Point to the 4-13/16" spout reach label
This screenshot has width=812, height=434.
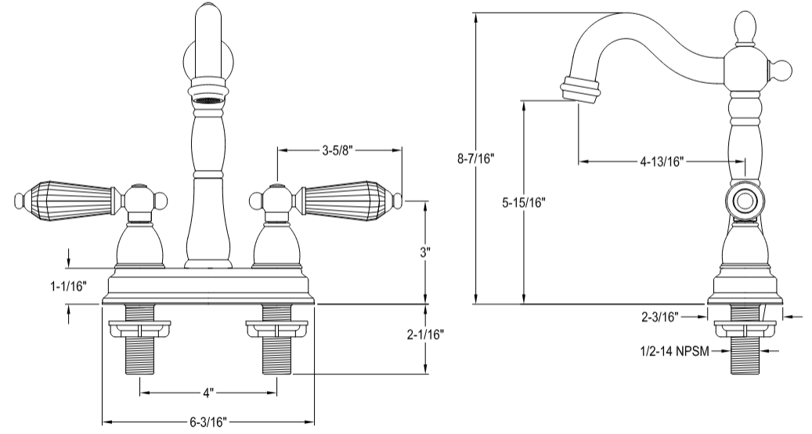point(662,162)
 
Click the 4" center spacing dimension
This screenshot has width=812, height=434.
point(208,390)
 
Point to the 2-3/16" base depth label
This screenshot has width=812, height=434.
point(660,316)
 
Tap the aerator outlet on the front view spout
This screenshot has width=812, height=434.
point(208,100)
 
